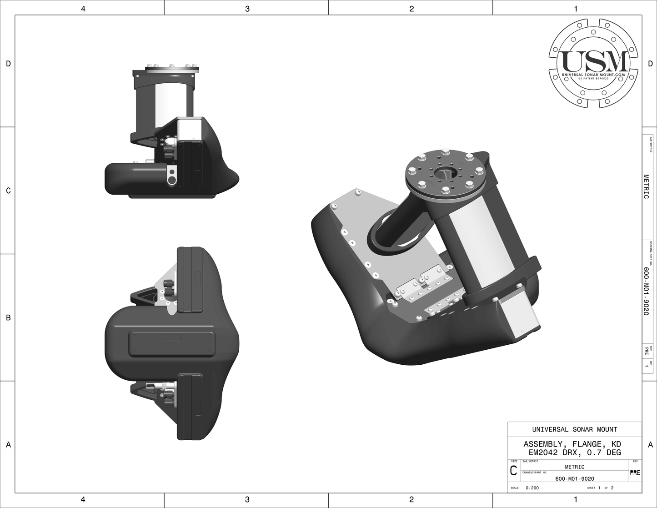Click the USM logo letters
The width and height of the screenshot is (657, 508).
(x=594, y=60)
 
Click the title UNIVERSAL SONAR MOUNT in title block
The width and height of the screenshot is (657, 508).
(x=574, y=429)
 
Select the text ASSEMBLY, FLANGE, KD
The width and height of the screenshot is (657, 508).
(x=572, y=444)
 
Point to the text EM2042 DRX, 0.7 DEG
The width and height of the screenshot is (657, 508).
(x=574, y=453)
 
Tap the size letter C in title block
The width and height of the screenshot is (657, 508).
(x=513, y=471)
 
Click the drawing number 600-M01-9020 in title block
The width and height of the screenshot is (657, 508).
(x=575, y=478)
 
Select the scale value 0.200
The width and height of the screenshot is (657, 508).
(x=532, y=488)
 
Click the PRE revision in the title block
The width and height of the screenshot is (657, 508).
(x=635, y=473)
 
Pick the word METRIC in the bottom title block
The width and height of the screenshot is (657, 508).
(x=574, y=467)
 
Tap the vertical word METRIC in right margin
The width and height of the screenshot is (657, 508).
(x=646, y=186)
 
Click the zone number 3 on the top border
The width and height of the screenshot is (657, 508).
(x=247, y=8)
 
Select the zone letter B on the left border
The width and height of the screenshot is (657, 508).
(x=8, y=317)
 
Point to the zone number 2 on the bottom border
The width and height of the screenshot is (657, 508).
(x=411, y=500)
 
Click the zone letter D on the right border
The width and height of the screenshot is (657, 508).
(x=650, y=64)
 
